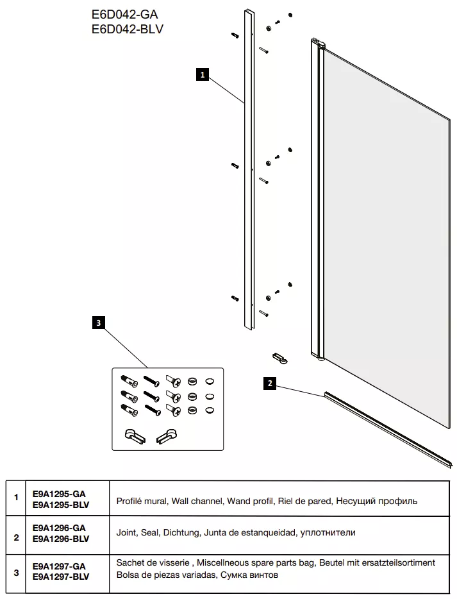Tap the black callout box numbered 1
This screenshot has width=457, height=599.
click(x=203, y=75)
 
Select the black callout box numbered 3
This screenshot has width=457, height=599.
click(x=98, y=323)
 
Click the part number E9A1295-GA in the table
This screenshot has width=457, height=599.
click(x=58, y=494)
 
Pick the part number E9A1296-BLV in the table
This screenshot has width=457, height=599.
click(x=60, y=539)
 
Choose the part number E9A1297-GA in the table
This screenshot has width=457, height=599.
click(x=58, y=566)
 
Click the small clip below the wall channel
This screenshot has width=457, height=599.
click(x=279, y=355)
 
